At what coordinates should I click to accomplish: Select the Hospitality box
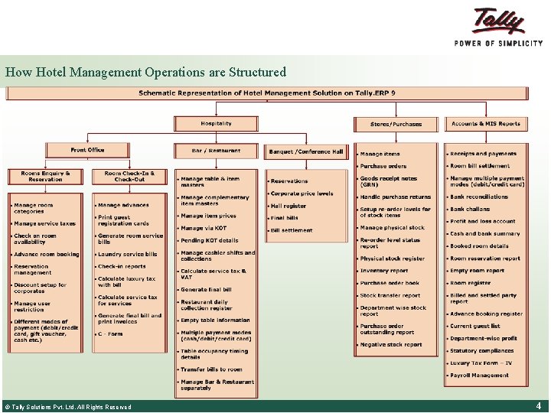pos(217,123)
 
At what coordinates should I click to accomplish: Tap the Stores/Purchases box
pos(396,124)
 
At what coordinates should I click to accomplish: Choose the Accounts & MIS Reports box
pos(485,123)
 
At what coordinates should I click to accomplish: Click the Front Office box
pos(87,150)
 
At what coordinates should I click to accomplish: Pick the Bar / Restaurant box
pos(217,151)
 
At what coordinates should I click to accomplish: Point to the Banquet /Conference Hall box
pos(306,151)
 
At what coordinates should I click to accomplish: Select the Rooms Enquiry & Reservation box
pos(46,177)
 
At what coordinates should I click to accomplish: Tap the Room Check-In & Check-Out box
pos(129,177)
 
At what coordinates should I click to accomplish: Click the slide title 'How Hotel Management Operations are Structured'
pos(145,73)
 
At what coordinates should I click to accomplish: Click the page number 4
pos(539,406)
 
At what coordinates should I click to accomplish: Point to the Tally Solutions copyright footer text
pos(67,407)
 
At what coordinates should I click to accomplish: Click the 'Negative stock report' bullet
pos(391,345)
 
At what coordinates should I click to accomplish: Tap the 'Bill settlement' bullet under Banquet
pos(292,230)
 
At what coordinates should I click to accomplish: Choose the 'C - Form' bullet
pos(110,334)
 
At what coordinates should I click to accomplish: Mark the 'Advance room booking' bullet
pos(46,255)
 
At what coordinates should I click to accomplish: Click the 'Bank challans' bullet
pos(470,209)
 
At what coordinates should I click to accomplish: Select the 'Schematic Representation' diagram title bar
pos(266,93)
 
